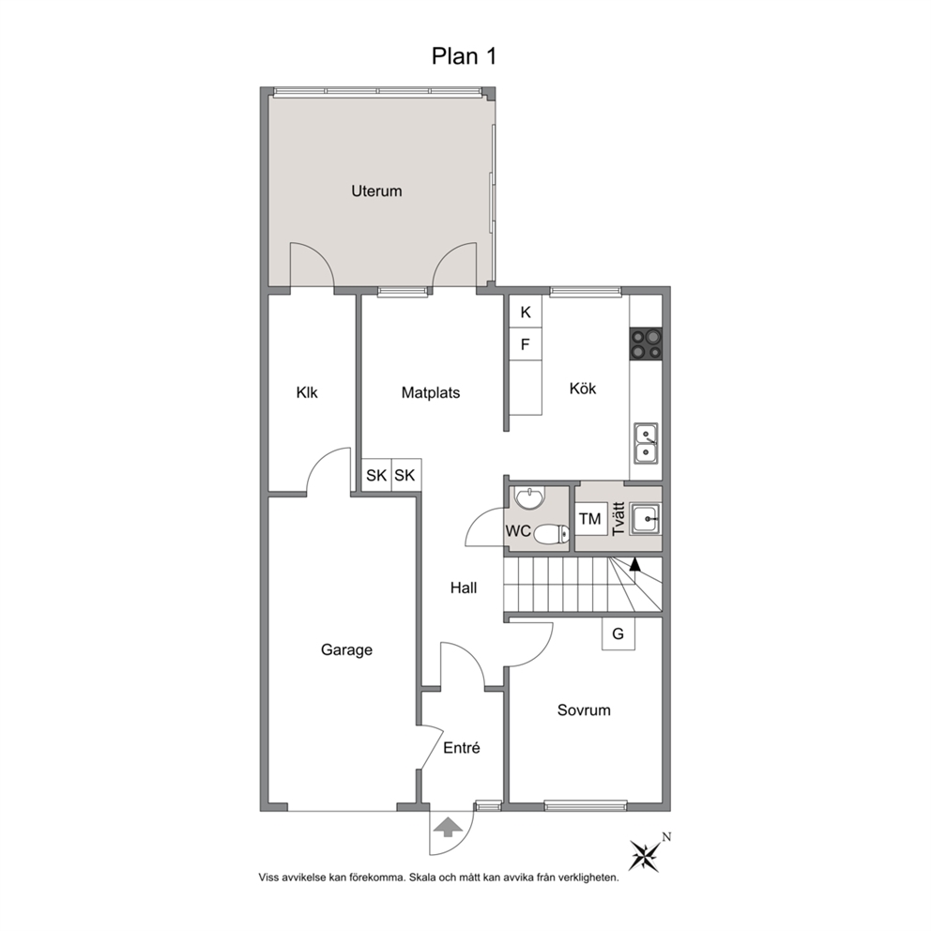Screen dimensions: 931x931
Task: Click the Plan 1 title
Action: coord(463,56)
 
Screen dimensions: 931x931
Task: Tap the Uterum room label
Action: coord(376,191)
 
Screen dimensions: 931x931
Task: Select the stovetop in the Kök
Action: coord(646,343)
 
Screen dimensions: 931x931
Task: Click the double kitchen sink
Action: coord(646,444)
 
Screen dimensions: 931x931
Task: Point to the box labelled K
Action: coord(526,312)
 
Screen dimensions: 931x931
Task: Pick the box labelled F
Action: coord(526,344)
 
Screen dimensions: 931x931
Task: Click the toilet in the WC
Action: coord(552,534)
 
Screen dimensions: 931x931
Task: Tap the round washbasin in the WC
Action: coord(528,498)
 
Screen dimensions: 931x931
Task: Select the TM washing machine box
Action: coord(590,519)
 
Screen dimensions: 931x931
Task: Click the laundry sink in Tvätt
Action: coord(646,519)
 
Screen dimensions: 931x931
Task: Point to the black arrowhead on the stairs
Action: coord(635,564)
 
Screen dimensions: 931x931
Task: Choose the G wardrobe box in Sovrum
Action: coord(618,634)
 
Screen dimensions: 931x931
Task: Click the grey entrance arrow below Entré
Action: coord(449,827)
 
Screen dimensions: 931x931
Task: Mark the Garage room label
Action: coord(346,650)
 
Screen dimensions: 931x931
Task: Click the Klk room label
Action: coord(307,392)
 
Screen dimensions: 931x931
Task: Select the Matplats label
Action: coord(431,392)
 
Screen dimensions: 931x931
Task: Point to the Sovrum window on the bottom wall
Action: coord(586,806)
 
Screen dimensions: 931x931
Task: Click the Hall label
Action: coord(463,588)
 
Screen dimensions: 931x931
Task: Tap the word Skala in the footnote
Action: coord(422,878)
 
